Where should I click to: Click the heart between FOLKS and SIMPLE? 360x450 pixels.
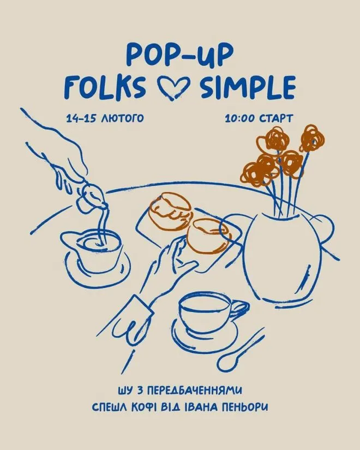click(173, 87)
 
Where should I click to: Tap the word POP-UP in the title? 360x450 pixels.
click(179, 55)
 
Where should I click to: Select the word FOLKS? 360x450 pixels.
click(105, 86)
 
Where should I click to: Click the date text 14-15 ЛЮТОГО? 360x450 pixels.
click(105, 118)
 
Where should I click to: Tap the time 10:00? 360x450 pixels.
click(241, 118)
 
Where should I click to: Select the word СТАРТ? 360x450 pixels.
click(276, 118)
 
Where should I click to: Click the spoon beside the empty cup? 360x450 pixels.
click(241, 349)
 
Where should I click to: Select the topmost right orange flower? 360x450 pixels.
click(312, 138)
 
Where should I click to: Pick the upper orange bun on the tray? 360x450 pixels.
click(170, 211)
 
